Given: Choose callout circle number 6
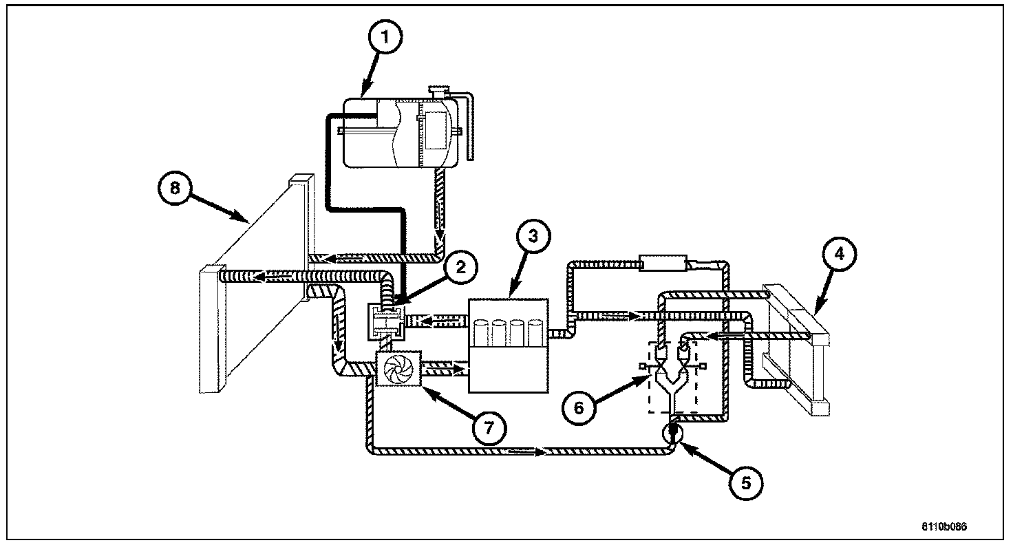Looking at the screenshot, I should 578,407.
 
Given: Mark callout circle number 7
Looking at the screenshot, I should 487,427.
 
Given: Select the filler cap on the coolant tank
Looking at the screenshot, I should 438,91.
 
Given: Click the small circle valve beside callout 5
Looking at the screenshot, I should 672,432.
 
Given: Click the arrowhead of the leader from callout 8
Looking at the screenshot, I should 248,222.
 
